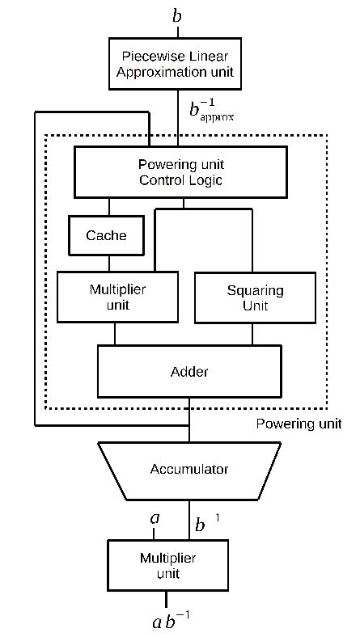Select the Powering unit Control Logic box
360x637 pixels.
(180, 171)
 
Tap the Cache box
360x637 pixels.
(106, 235)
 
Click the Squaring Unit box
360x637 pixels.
(256, 298)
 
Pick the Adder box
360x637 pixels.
(189, 372)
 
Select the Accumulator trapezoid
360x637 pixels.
(189, 470)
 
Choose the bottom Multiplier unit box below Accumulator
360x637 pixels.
(167, 565)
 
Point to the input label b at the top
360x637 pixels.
(177, 15)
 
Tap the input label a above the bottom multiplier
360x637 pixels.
(155, 518)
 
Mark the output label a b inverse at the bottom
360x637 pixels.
(171, 621)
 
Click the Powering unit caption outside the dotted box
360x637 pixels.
(299, 424)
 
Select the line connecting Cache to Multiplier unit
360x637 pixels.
(109, 263)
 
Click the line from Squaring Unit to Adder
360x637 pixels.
(255, 335)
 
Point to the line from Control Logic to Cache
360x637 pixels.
(109, 206)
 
